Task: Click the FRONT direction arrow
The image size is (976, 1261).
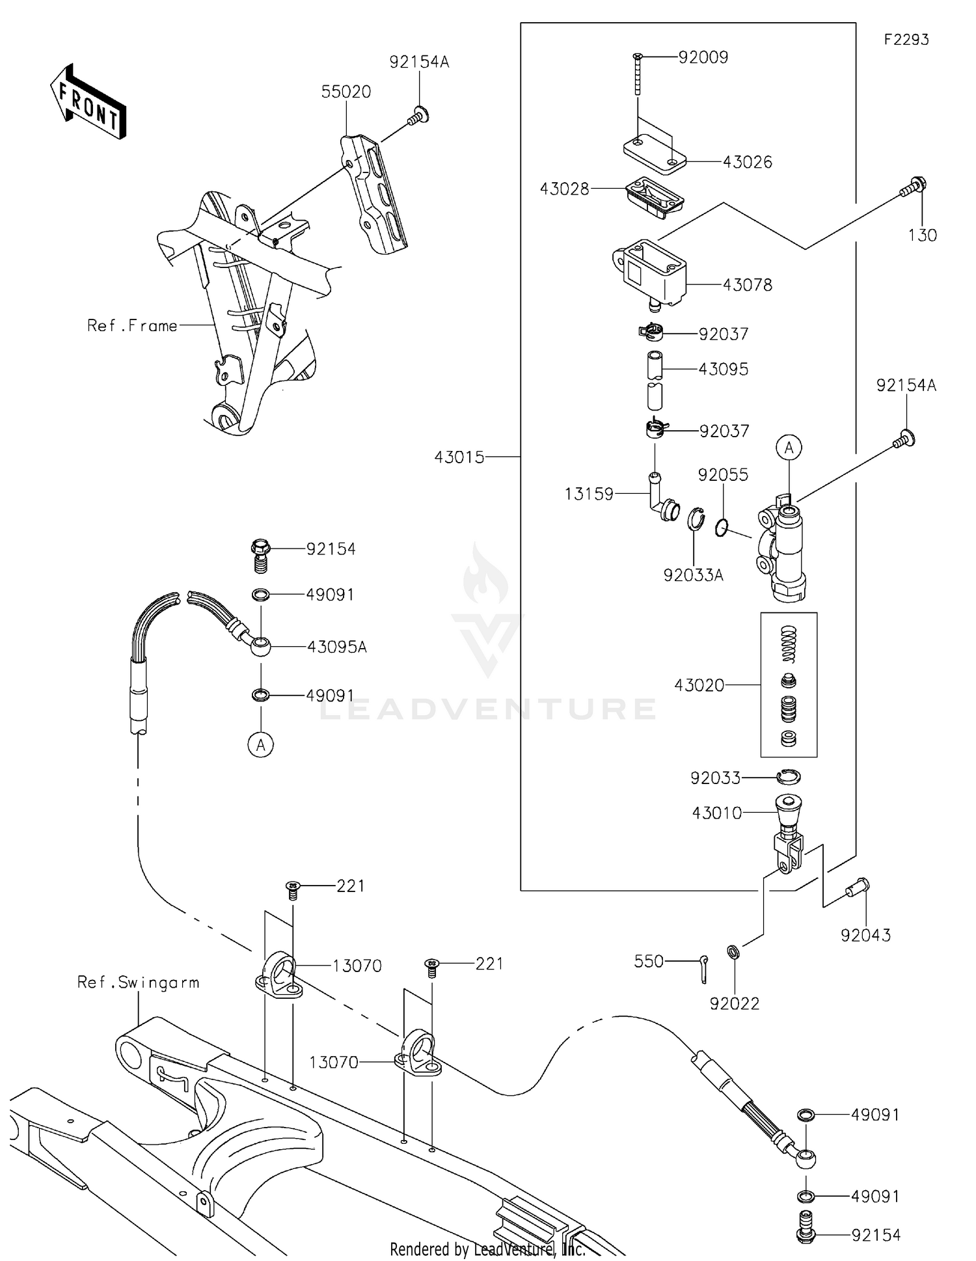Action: click(88, 102)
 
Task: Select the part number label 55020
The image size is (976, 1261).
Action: click(346, 92)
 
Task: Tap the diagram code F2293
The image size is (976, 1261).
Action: click(906, 40)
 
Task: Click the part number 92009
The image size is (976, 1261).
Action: click(703, 57)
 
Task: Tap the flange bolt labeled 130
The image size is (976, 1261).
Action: click(913, 188)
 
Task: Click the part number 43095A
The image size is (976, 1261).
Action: click(336, 647)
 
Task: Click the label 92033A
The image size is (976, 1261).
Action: click(693, 575)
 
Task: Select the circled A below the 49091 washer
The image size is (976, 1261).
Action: click(260, 744)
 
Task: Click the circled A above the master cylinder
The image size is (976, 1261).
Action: click(789, 448)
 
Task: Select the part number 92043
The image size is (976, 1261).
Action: click(865, 935)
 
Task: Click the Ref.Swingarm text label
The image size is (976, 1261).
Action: click(138, 983)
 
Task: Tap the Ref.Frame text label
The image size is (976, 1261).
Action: click(132, 325)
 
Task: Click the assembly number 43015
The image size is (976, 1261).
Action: click(459, 457)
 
